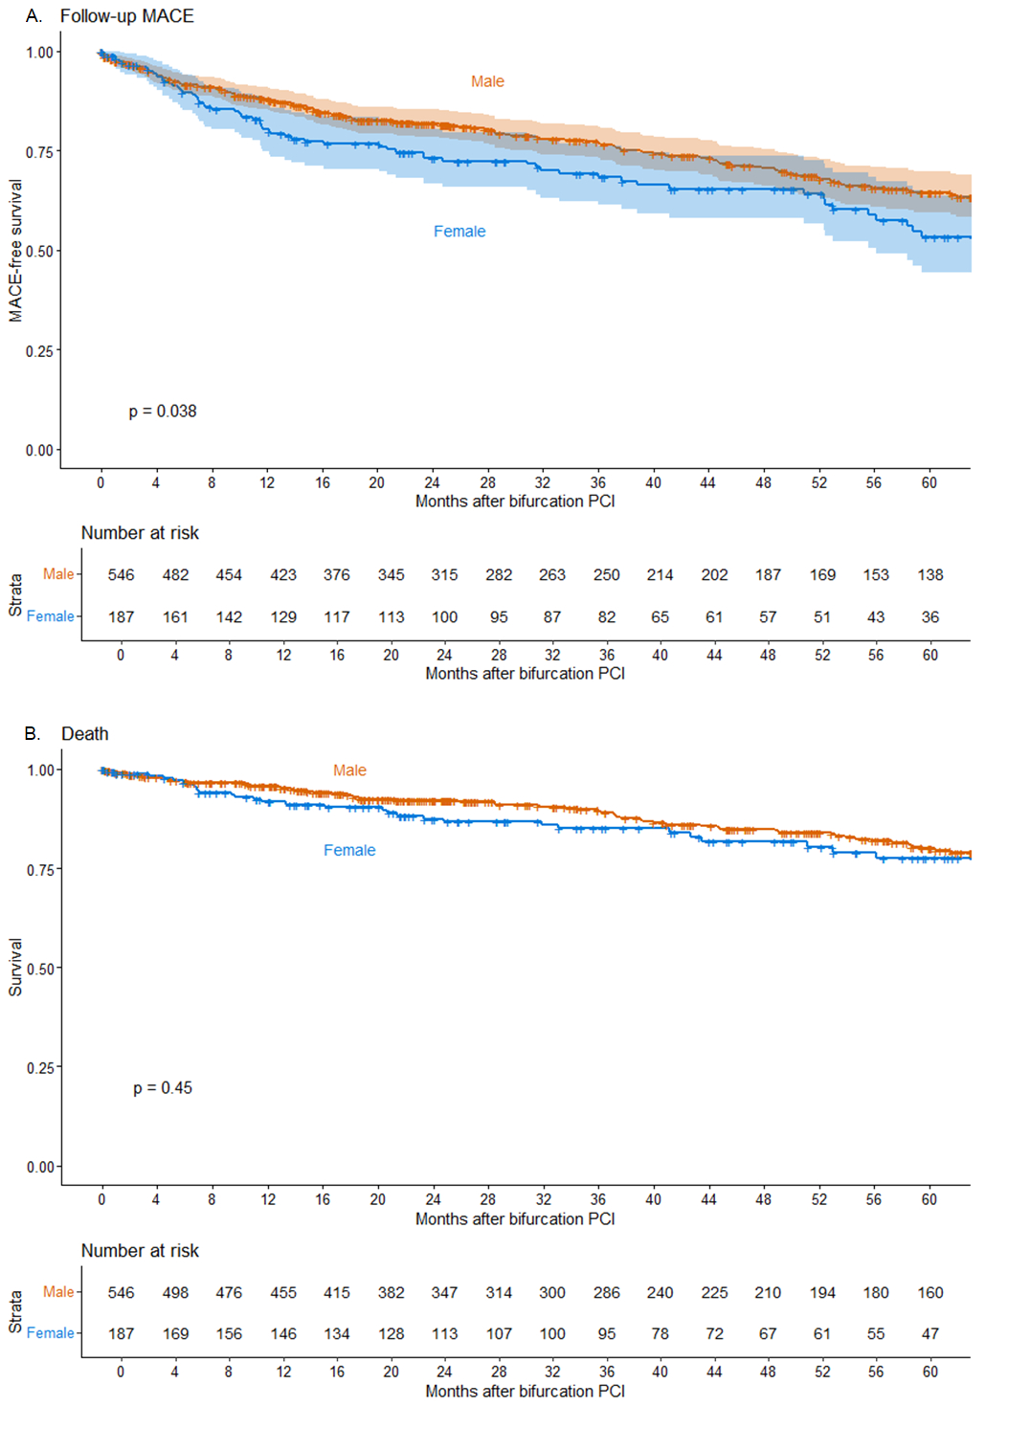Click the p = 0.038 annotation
(163, 412)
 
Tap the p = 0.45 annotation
(163, 1088)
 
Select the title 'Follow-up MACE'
(126, 16)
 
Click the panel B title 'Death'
(85, 734)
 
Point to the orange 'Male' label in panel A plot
(487, 82)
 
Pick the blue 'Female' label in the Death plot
(349, 851)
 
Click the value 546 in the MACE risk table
(122, 575)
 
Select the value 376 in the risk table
(337, 575)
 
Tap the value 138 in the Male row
(930, 575)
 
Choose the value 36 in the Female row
(930, 617)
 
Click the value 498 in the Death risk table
(175, 1293)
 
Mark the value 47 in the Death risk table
(930, 1334)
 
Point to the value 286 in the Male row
(607, 1293)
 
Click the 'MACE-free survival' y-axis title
(15, 251)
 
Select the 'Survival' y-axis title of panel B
(15, 968)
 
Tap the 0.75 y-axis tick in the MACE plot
(39, 152)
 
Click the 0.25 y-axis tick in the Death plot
(40, 1068)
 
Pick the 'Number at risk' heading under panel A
(140, 533)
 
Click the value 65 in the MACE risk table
(661, 617)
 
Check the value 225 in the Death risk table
(714, 1293)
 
